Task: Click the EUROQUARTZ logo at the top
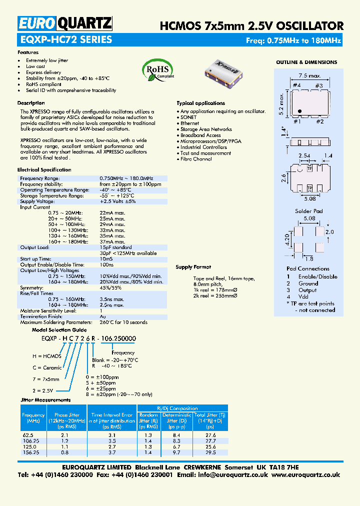click(65, 23)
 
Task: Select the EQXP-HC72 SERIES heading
click(65, 40)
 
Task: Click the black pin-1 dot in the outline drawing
click(299, 111)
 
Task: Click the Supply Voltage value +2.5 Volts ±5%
click(117, 201)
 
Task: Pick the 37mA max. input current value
click(112, 241)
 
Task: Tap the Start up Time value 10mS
click(106, 259)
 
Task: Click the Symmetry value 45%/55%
click(110, 288)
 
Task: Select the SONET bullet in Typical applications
click(188, 117)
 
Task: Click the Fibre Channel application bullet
click(196, 159)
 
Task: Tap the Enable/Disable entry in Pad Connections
click(317, 276)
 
